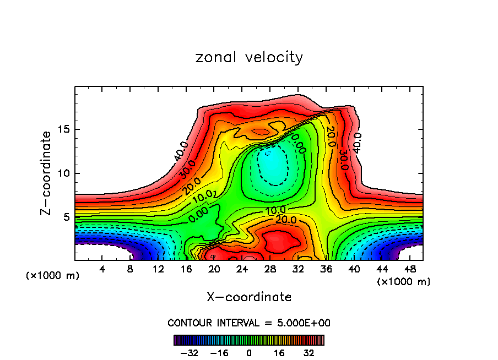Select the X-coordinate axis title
pos(249,297)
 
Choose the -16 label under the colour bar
pos(219,353)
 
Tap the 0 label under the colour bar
pos(249,353)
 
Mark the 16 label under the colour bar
pos(279,353)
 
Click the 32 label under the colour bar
pos(308,353)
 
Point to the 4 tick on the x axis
pos(102,269)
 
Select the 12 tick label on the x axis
pos(158,269)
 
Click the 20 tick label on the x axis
pos(214,269)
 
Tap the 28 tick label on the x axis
pos(270,269)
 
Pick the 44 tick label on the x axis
pos(382,269)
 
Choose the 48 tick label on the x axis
pos(410,269)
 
